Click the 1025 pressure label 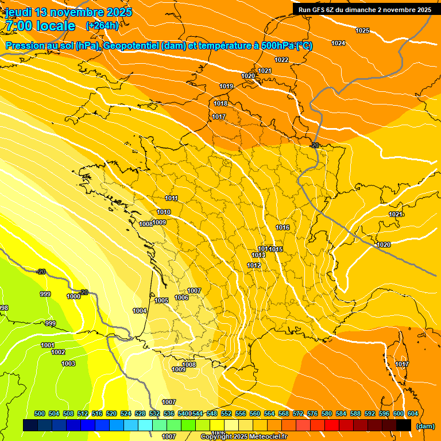pos(362,30)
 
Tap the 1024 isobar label pos(338,44)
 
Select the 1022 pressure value pos(281,60)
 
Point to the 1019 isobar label pos(226,87)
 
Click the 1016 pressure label pos(283,228)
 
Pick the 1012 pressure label pos(254,265)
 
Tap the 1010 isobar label pos(164,212)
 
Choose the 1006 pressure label pos(182,297)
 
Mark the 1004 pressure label pos(140,311)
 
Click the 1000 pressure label pos(73,297)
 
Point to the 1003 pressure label pos(68,363)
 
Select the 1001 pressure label pos(48,345)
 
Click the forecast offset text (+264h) pos(102,25)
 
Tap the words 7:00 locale pos(40,26)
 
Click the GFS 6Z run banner pos(365,10)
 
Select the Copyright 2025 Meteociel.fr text pos(244,436)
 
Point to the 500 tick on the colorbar pos(40,413)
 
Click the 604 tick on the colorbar pos(413,413)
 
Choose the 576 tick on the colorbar pos(312,413)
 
